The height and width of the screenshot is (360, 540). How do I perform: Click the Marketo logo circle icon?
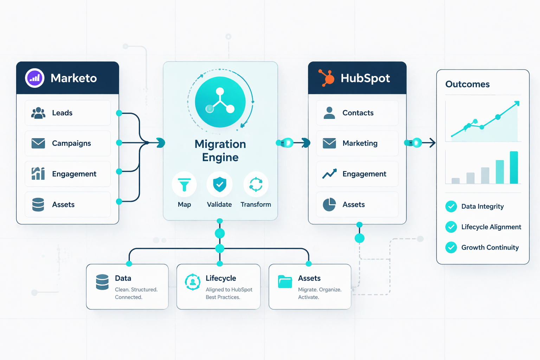tap(34, 78)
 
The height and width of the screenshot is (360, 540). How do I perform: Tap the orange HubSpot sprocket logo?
tap(327, 78)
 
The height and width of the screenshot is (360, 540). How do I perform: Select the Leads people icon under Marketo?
tap(38, 113)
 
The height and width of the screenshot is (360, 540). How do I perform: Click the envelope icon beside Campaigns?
tap(38, 143)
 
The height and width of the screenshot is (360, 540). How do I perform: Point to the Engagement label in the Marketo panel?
tap(74, 174)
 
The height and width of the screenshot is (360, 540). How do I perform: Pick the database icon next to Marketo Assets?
tap(38, 205)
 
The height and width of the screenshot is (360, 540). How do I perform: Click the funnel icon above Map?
tap(184, 185)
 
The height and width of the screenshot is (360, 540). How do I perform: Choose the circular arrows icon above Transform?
tap(256, 185)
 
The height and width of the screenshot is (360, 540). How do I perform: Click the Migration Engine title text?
tap(220, 150)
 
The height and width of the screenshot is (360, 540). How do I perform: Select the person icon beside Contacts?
tap(329, 113)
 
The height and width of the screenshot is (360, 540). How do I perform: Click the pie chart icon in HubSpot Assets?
tap(329, 205)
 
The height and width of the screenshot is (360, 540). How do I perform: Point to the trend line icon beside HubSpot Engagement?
tap(329, 174)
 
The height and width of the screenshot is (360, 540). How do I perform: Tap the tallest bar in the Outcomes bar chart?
tap(514, 167)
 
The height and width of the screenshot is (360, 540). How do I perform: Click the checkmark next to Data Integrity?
tap(451, 206)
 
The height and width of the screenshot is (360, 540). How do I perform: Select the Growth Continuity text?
tap(490, 247)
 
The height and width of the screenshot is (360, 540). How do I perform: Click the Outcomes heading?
tap(467, 84)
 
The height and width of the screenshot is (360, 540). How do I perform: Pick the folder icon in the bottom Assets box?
tap(285, 282)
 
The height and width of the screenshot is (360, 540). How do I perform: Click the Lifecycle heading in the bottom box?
tap(221, 278)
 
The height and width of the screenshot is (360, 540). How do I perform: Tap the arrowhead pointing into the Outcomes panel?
tap(432, 143)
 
